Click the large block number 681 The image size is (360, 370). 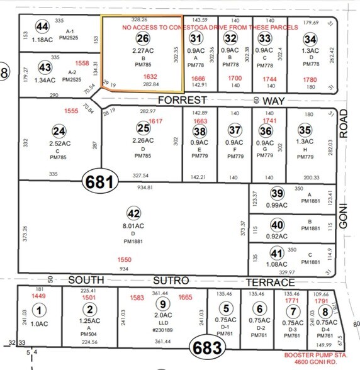(x=100, y=182)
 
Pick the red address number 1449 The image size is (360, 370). (x=40, y=296)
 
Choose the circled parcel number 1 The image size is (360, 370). (x=40, y=309)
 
